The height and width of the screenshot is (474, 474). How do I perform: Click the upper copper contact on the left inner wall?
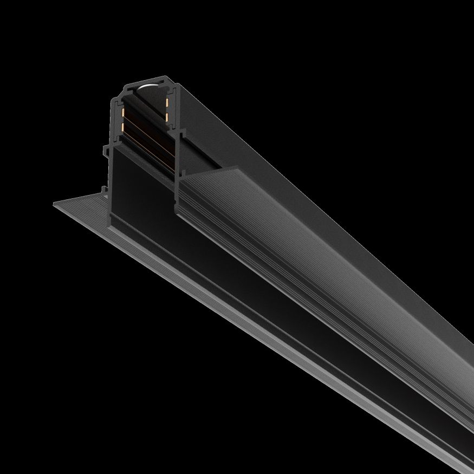point(122,113)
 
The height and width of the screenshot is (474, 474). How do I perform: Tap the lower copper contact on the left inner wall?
point(123,128)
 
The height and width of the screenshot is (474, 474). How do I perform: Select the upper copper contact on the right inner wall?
point(167,102)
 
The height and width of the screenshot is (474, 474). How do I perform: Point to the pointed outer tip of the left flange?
point(54,204)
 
